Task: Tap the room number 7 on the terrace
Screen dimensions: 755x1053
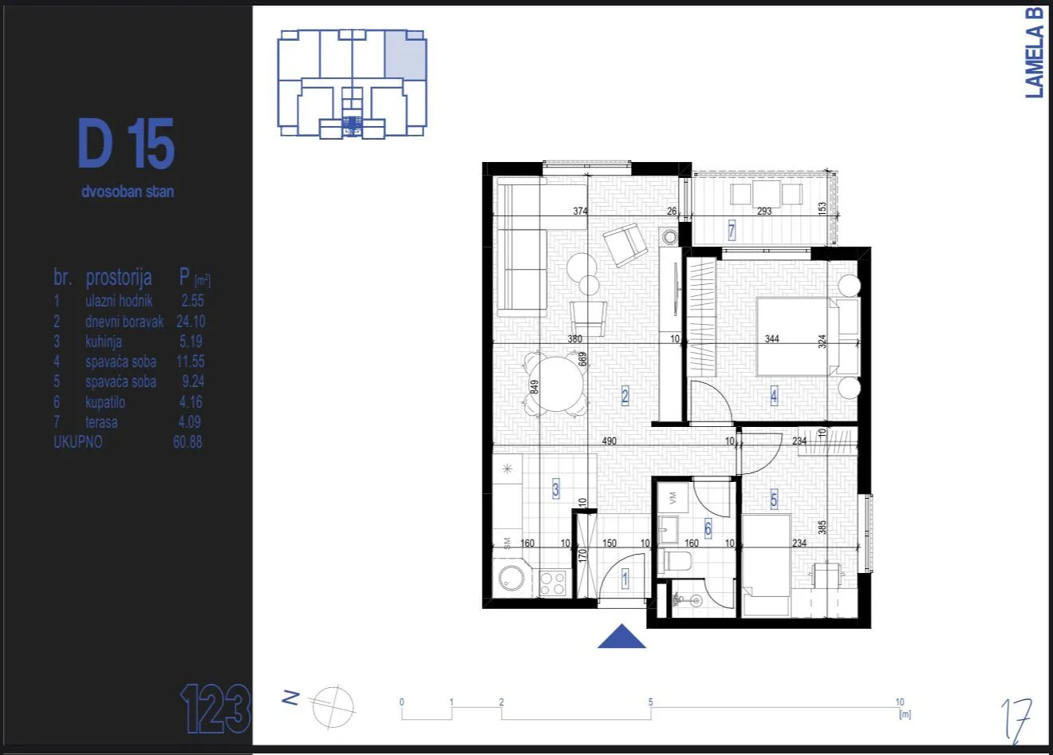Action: click(731, 231)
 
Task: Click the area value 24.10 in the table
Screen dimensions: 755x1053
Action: click(191, 321)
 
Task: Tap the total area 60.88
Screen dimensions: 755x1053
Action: click(187, 442)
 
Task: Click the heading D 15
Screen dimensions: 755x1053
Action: click(126, 144)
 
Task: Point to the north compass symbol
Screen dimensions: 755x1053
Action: click(333, 705)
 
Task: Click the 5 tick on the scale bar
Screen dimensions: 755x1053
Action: click(650, 703)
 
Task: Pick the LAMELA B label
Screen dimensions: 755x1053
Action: click(1035, 53)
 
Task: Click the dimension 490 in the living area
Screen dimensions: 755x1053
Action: click(609, 441)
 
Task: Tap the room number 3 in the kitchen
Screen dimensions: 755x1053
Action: click(556, 489)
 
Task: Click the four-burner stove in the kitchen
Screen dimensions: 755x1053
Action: click(553, 583)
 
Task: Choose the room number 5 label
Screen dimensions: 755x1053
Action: click(773, 500)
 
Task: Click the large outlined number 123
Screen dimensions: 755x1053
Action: click(215, 708)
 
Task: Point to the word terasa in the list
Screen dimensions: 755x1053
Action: click(101, 422)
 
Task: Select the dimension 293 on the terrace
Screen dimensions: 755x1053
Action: click(764, 212)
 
